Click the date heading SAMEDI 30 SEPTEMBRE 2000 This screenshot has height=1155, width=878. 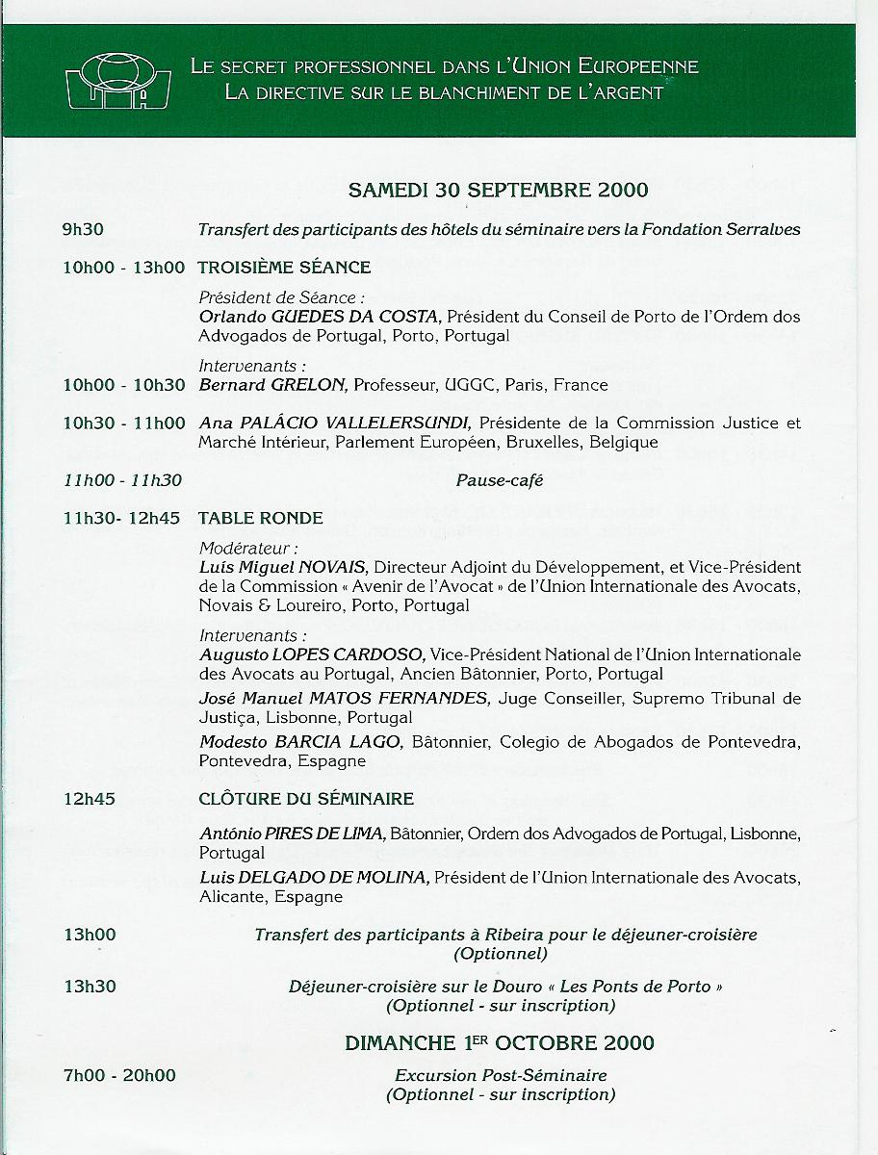click(x=498, y=190)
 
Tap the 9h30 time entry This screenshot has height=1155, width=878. click(x=83, y=230)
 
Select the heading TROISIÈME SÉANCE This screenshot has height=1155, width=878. click(x=284, y=268)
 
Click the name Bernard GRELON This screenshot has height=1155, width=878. click(x=272, y=385)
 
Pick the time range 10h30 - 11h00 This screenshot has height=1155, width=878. click(x=123, y=423)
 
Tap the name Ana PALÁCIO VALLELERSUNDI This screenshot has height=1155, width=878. click(x=334, y=423)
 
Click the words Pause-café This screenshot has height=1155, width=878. click(x=500, y=479)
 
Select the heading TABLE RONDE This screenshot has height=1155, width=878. click(x=260, y=518)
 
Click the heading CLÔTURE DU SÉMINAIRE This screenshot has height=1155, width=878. click(x=306, y=799)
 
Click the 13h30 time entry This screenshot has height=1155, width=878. click(x=90, y=987)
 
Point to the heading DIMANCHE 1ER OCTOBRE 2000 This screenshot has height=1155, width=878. click(x=499, y=1043)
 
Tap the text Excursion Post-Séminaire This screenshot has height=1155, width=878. click(x=501, y=1075)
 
